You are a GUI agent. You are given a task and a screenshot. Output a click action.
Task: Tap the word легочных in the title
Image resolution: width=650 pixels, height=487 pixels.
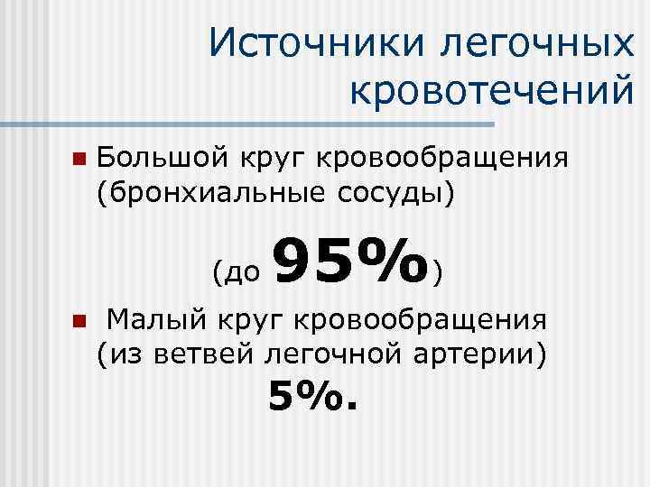click(538, 43)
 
